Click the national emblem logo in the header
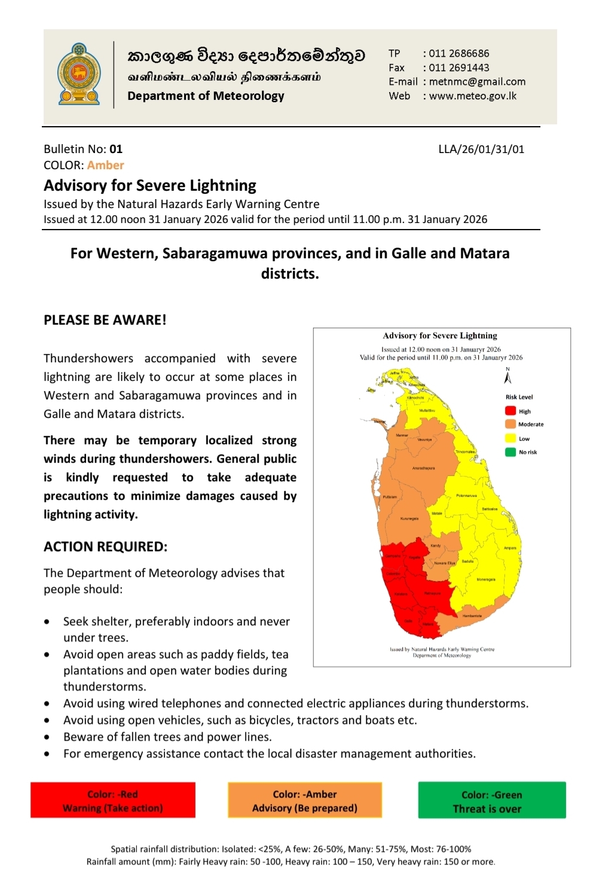coord(79,74)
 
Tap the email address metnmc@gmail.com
coord(477,82)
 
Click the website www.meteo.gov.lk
coord(472,96)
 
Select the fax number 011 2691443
coord(458,68)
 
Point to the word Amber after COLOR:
coord(105,165)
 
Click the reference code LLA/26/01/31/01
coord(481,149)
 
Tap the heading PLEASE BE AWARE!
coord(105,320)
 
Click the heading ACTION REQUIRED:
coord(105,546)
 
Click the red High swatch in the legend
coord(510,411)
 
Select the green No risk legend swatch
coord(510,452)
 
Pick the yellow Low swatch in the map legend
coord(510,438)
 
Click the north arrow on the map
coord(508,376)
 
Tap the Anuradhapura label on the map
coord(423,468)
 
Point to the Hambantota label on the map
coord(472,615)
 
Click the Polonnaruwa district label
coord(466,496)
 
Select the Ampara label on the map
coord(510,548)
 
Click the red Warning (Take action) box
coord(113,801)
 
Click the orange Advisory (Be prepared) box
coord(305,801)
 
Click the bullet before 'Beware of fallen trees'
coord(47,737)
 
